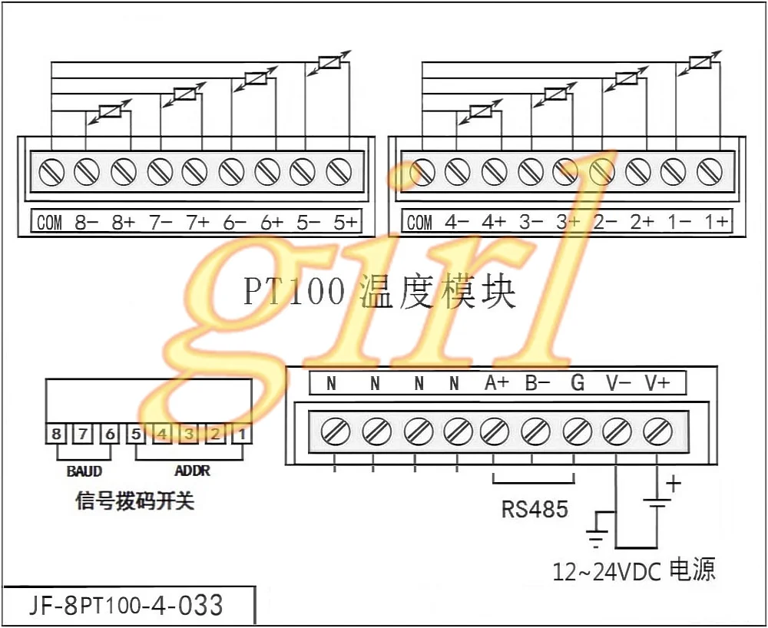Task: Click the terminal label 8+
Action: pyautogui.click(x=123, y=223)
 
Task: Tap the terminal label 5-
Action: pyautogui.click(x=308, y=223)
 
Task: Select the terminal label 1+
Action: pyautogui.click(x=716, y=222)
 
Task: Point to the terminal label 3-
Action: pyautogui.click(x=531, y=222)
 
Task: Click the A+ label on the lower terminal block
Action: pyautogui.click(x=497, y=383)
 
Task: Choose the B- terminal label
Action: pyautogui.click(x=538, y=383)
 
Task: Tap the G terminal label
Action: pyautogui.click(x=578, y=383)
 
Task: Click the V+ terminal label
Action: pyautogui.click(x=657, y=383)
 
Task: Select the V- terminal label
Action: pyautogui.click(x=618, y=383)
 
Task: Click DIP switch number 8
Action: pyautogui.click(x=57, y=434)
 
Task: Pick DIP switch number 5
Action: pyautogui.click(x=136, y=434)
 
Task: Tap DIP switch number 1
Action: pyautogui.click(x=242, y=434)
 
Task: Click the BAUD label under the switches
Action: pyautogui.click(x=84, y=471)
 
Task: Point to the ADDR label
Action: pyautogui.click(x=192, y=471)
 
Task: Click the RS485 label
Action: pyautogui.click(x=535, y=509)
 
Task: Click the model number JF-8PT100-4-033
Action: pyautogui.click(x=126, y=606)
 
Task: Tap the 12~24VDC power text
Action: pyautogui.click(x=634, y=570)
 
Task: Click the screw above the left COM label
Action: pyautogui.click(x=51, y=172)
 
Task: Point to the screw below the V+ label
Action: pyautogui.click(x=657, y=431)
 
